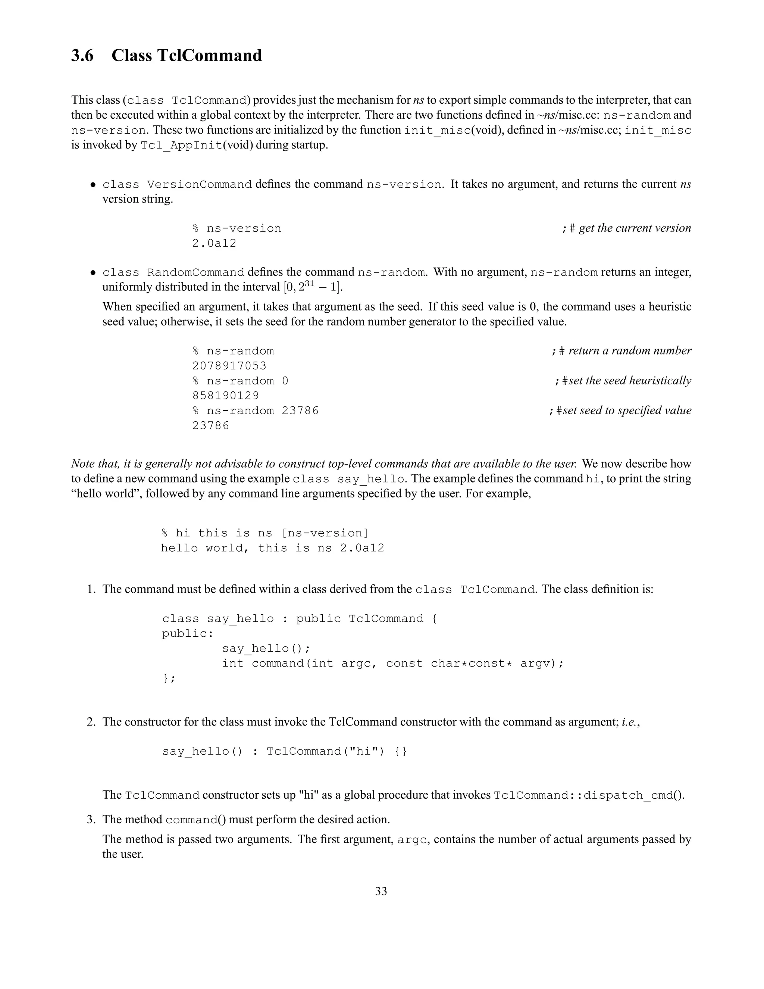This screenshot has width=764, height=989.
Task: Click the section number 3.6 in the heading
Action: tap(82, 56)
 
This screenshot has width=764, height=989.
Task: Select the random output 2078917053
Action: tap(229, 366)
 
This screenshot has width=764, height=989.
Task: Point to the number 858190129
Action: tap(225, 396)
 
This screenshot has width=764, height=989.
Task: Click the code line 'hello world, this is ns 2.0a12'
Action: tap(272, 548)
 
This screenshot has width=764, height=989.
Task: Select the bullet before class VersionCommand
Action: tap(93, 185)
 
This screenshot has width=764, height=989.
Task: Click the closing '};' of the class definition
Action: tap(168, 678)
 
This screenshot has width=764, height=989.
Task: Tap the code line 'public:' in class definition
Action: tap(187, 634)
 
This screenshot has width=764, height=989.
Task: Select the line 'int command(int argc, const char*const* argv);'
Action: tap(392, 664)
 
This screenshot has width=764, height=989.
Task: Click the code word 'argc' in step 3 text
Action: tap(412, 840)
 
